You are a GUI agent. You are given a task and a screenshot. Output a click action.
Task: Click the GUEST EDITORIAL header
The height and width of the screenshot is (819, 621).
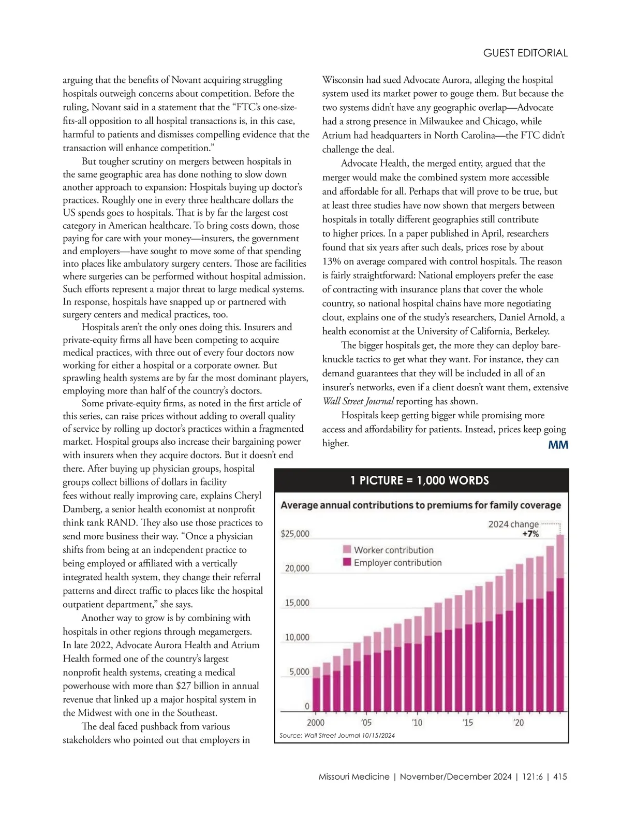[525, 53]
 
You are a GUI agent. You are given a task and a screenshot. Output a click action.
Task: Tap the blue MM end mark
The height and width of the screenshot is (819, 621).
[558, 445]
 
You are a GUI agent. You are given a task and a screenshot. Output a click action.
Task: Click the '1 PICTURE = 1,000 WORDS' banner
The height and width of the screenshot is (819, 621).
[420, 480]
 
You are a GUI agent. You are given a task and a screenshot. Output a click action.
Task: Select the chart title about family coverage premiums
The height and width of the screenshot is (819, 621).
[421, 505]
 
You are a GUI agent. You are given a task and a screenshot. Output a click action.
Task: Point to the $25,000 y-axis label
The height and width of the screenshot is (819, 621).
[295, 534]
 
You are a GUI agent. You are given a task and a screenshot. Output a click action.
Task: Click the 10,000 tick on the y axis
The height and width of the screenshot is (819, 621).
[297, 637]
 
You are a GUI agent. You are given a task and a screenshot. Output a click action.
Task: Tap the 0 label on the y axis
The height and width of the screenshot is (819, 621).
[307, 706]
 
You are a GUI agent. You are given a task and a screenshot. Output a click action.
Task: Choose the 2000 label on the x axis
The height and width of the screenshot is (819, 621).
[316, 723]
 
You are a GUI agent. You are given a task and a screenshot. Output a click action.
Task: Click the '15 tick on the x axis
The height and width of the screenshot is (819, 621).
[467, 723]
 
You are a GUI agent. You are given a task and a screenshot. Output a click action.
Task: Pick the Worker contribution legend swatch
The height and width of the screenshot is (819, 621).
[347, 550]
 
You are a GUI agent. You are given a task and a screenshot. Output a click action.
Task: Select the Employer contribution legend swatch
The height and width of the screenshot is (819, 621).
[347, 563]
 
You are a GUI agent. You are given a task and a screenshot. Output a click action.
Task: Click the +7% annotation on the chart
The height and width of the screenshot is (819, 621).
[530, 534]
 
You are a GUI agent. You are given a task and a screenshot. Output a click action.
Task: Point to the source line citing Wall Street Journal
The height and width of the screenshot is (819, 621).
[337, 735]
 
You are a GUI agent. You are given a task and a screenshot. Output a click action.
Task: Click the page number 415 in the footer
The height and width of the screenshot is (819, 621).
[560, 777]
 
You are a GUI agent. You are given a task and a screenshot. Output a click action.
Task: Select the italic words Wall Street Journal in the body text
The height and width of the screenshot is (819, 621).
[358, 401]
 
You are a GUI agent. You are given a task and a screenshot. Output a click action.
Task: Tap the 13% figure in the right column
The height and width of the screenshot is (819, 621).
[331, 261]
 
